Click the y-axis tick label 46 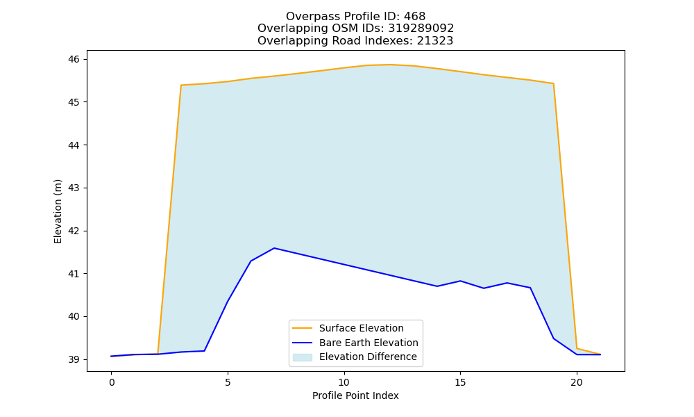pyautogui.click(x=74, y=59)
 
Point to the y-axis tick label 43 pyautogui.click(x=74, y=188)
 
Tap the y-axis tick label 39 pyautogui.click(x=74, y=360)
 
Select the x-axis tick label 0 pyautogui.click(x=112, y=382)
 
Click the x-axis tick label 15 pyautogui.click(x=460, y=382)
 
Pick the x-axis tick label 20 pyautogui.click(x=577, y=382)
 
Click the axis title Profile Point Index pyautogui.click(x=355, y=395)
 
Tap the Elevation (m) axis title pyautogui.click(x=58, y=211)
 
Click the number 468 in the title pyautogui.click(x=414, y=17)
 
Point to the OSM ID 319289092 pyautogui.click(x=421, y=28)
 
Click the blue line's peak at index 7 pyautogui.click(x=274, y=248)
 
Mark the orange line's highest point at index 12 pyautogui.click(x=390, y=65)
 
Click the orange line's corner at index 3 pyautogui.click(x=181, y=85)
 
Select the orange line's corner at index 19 pyautogui.click(x=553, y=83)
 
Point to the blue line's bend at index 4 pyautogui.click(x=205, y=351)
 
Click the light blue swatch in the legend pyautogui.click(x=303, y=357)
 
